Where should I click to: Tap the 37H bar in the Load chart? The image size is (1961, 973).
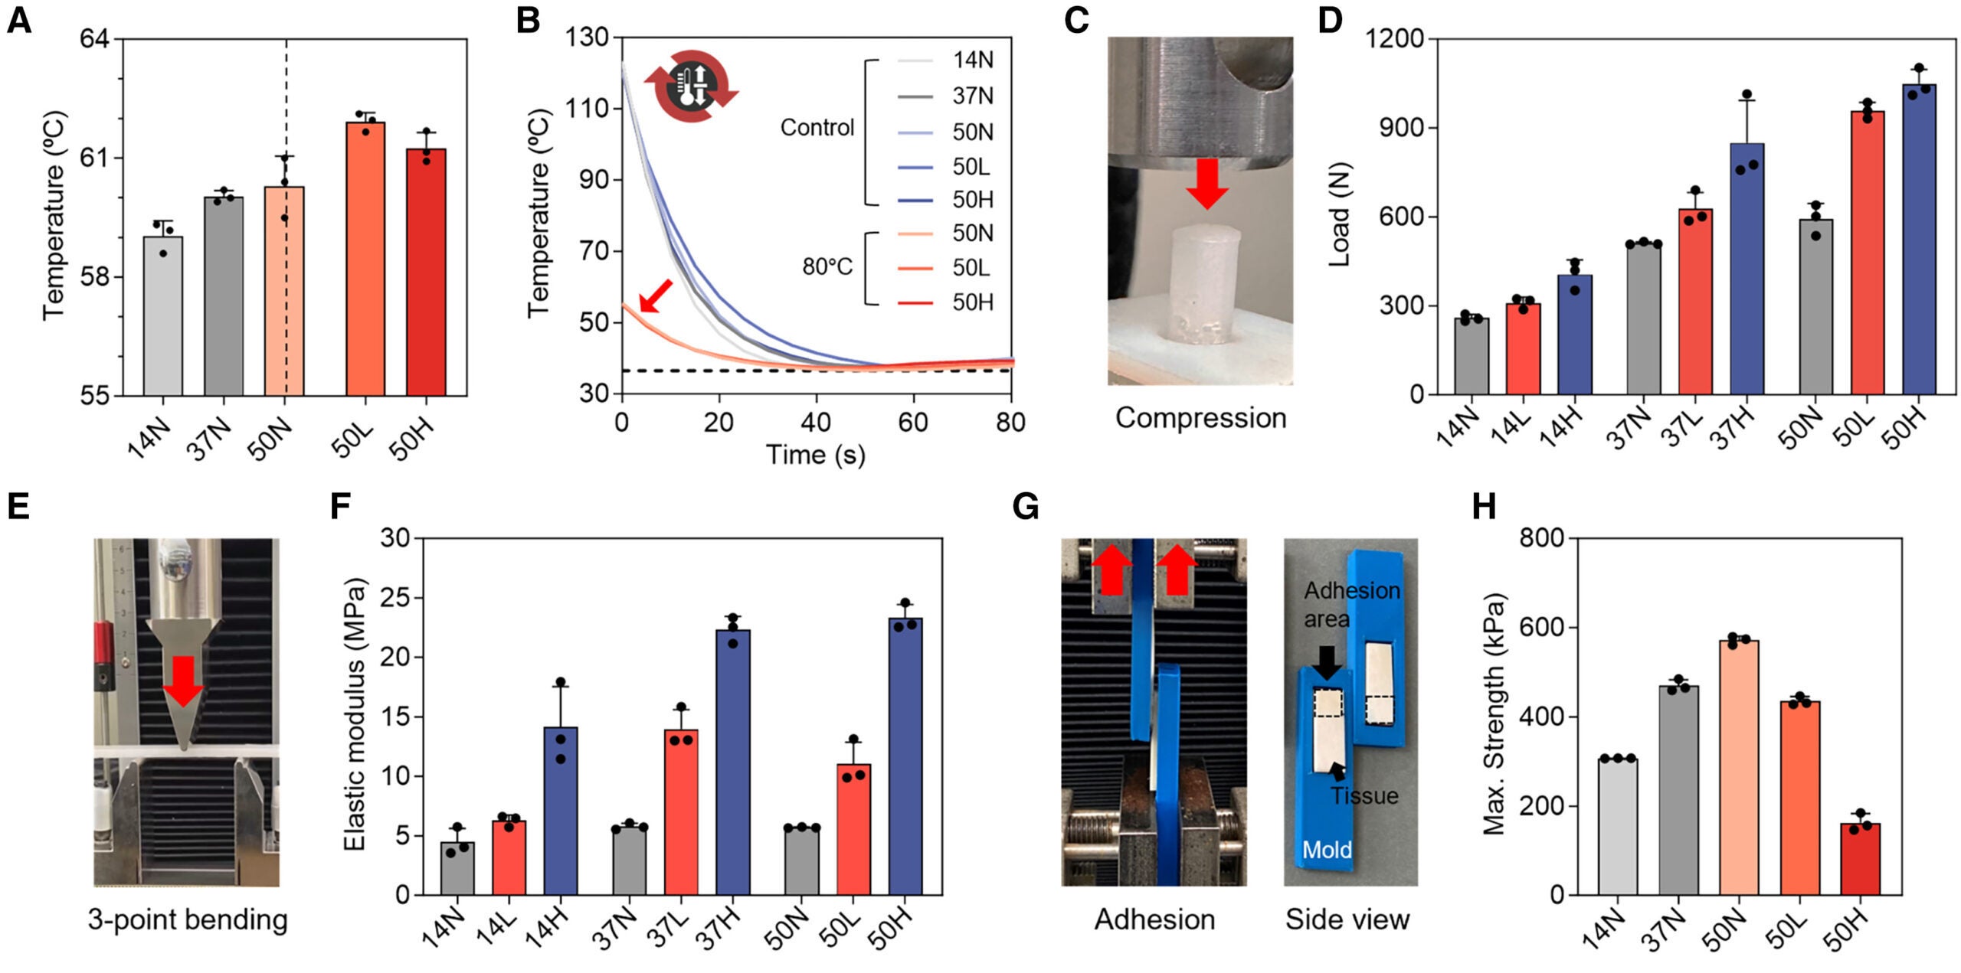1747,268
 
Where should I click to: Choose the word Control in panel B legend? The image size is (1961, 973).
817,127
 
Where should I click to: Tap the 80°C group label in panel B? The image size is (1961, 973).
827,266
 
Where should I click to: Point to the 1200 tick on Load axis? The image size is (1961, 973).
1396,38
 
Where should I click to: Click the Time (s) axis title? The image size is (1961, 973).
816,455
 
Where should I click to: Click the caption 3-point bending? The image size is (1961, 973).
188,919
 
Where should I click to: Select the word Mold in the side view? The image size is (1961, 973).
1327,850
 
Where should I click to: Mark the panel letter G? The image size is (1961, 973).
1025,507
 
